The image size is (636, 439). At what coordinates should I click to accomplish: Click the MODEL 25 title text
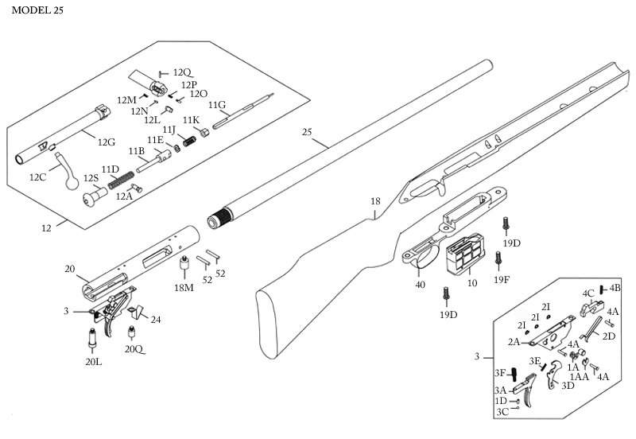click(37, 10)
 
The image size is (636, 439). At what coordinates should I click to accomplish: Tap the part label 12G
click(107, 142)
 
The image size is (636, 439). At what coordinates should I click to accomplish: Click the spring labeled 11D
click(121, 179)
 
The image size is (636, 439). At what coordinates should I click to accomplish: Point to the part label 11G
click(217, 105)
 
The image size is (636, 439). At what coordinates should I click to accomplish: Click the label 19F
click(502, 280)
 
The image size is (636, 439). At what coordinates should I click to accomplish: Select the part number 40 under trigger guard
click(421, 285)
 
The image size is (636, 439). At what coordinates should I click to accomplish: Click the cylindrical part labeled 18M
click(185, 266)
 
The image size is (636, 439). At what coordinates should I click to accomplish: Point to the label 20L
click(93, 362)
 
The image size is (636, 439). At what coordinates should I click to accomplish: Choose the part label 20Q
click(134, 349)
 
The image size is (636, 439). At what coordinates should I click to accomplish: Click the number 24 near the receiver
click(156, 320)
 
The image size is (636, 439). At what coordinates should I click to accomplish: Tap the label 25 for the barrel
click(307, 132)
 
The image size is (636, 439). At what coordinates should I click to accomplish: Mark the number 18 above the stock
click(375, 201)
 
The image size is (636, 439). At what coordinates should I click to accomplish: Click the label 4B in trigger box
click(615, 288)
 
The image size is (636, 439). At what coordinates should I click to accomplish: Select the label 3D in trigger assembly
click(568, 386)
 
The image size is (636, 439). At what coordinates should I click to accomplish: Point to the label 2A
click(514, 342)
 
